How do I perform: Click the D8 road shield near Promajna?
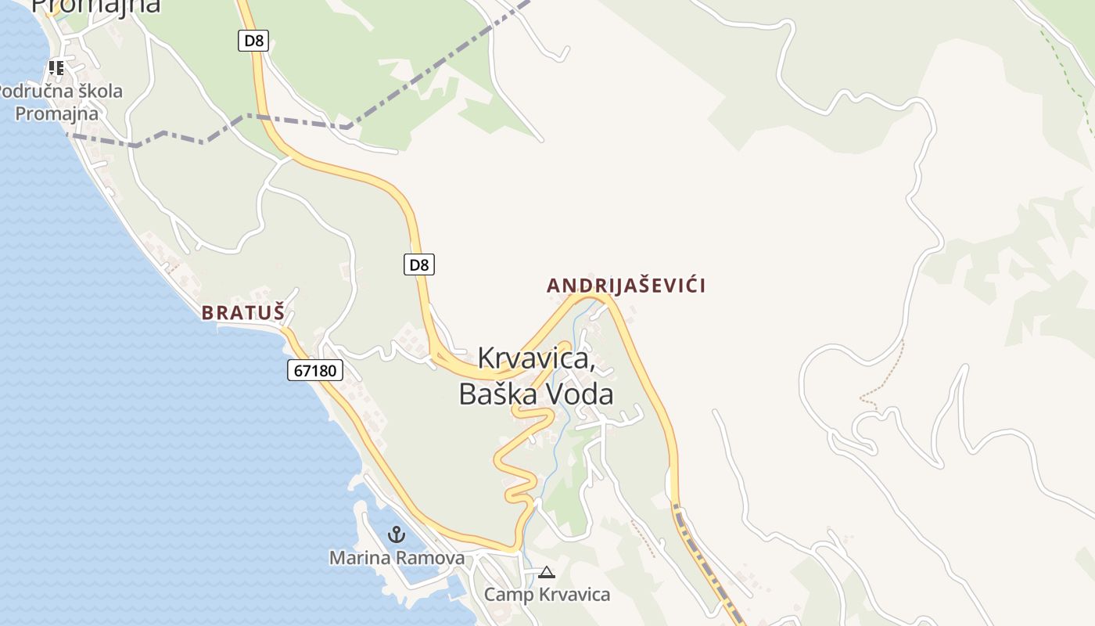coord(253,40)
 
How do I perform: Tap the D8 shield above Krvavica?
coord(419,264)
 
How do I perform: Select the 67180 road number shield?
coord(315,370)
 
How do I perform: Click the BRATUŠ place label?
coord(242,312)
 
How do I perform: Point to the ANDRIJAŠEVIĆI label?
coord(626,286)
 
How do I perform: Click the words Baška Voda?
coord(536,394)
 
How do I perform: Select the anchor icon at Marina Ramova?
coord(397,535)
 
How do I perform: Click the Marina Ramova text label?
coord(397,558)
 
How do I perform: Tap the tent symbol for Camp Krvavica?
coord(547,573)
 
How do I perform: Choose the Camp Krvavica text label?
coord(547,595)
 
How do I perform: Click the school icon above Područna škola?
coord(56,68)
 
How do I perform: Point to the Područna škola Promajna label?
coord(59,103)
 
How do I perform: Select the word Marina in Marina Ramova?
coord(357,558)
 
